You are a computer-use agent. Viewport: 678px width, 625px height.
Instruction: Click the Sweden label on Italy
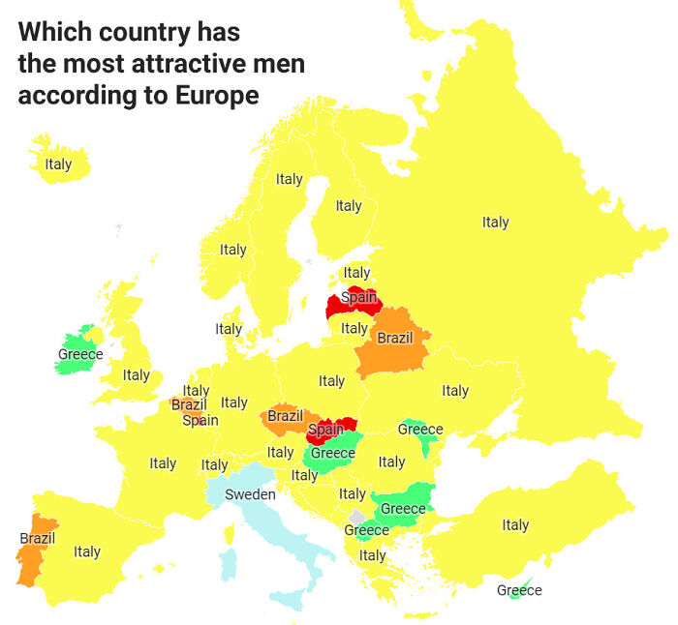point(250,494)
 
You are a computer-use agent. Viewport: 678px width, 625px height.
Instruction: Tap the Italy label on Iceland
point(58,164)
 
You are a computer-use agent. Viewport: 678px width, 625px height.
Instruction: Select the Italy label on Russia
point(495,223)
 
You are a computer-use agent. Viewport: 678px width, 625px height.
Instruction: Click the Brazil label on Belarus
point(394,339)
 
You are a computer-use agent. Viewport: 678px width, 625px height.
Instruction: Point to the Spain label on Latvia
point(358,298)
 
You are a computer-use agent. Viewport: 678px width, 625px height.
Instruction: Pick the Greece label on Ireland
point(80,355)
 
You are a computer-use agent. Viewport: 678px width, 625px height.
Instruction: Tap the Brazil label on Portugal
point(38,538)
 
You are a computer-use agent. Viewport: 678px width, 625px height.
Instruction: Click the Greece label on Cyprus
point(519,590)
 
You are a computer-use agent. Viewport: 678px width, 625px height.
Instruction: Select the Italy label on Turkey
point(515,525)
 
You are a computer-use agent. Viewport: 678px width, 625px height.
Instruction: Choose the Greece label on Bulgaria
point(403,509)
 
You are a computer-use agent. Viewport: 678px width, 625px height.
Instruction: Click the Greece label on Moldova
point(420,430)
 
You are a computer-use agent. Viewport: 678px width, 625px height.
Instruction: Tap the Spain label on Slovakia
point(325,429)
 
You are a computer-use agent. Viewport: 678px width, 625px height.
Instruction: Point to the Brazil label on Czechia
point(285,416)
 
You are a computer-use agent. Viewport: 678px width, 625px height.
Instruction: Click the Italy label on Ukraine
point(455,391)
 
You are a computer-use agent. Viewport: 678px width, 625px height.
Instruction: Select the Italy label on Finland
point(349,206)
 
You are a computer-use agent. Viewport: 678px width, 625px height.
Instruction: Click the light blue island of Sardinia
point(230,563)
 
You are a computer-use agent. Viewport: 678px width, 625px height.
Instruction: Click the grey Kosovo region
point(358,518)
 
